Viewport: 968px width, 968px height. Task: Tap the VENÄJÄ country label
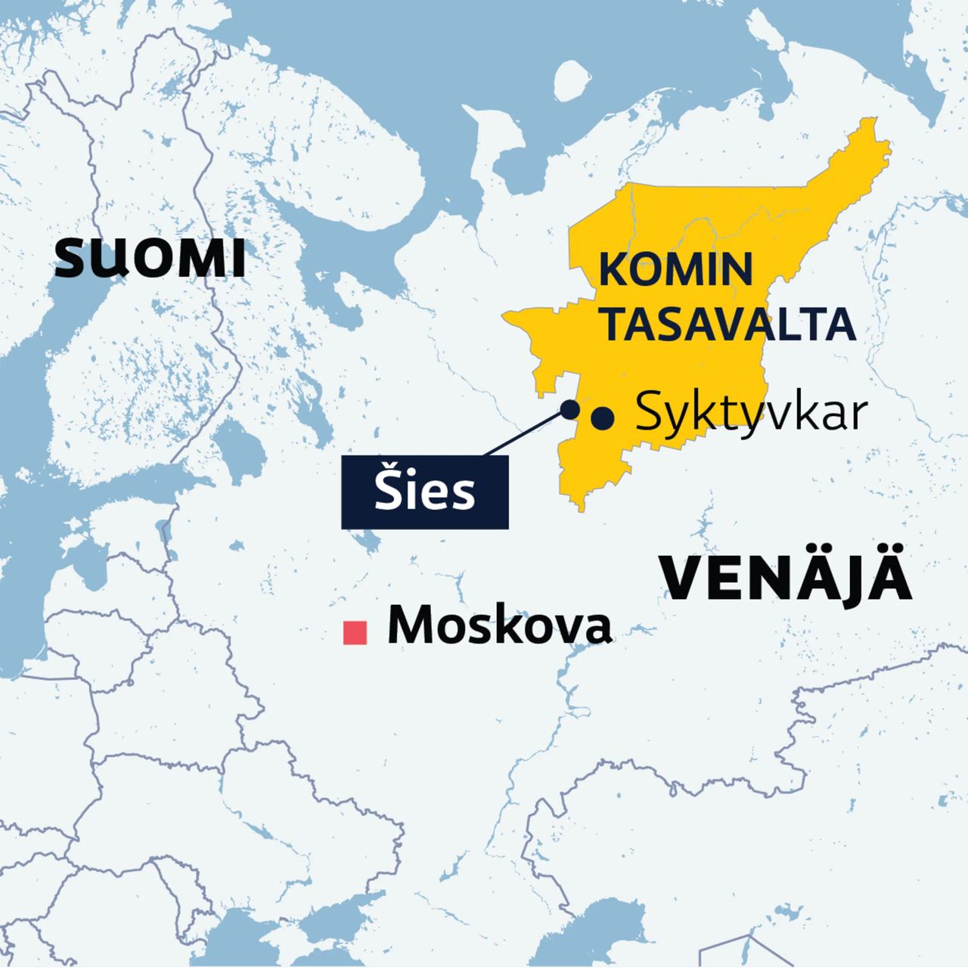(786, 577)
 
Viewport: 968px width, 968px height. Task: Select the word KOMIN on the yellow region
(677, 270)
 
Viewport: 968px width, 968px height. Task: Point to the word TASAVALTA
(731, 323)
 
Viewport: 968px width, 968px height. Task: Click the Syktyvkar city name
(750, 414)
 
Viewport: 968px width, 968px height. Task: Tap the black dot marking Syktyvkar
(602, 417)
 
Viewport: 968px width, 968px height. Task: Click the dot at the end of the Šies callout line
(570, 409)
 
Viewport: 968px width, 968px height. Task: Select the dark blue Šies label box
(424, 492)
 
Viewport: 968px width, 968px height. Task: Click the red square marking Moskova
(355, 632)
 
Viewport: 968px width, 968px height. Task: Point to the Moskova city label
(499, 627)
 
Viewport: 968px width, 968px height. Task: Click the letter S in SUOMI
(70, 258)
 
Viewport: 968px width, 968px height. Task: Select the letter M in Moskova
(408, 627)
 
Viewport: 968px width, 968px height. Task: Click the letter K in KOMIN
(613, 270)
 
